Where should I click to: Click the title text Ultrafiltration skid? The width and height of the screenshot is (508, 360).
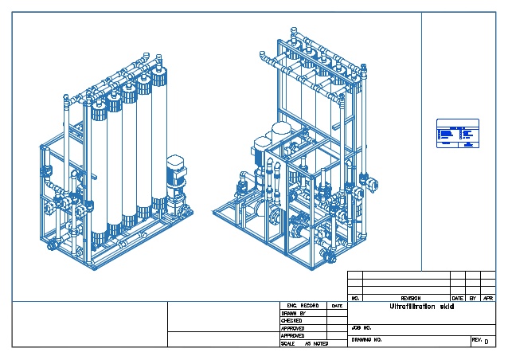[x=421, y=307]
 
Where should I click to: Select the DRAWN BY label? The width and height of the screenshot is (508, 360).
[x=293, y=313]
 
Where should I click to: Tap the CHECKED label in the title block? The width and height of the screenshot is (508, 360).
[x=292, y=320]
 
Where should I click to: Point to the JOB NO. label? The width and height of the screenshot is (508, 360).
[x=362, y=327]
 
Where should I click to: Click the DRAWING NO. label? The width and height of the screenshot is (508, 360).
[x=367, y=340]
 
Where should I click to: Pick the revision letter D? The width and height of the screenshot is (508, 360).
[x=486, y=342]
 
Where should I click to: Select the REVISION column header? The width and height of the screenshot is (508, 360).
[x=410, y=298]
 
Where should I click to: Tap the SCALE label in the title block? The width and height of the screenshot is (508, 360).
[x=288, y=343]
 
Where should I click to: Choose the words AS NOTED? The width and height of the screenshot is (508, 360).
[x=316, y=343]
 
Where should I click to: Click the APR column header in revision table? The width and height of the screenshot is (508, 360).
[x=487, y=298]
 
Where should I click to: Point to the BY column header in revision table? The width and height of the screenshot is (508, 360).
[x=472, y=298]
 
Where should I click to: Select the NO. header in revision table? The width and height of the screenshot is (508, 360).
[x=356, y=298]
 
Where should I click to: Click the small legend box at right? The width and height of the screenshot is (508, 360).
[x=458, y=133]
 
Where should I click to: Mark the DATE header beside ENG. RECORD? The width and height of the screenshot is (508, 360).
[x=337, y=305]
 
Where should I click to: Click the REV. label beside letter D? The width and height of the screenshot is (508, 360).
[x=476, y=340]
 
